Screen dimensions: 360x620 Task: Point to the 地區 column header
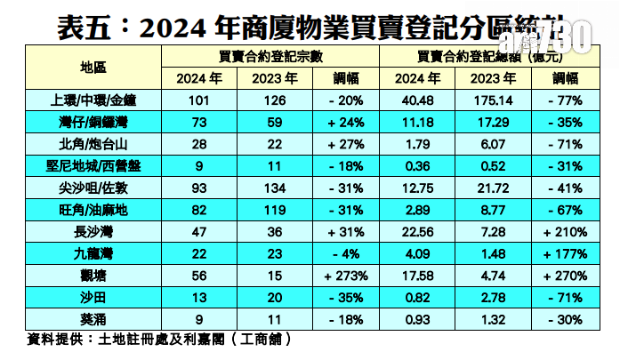pos(93,68)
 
